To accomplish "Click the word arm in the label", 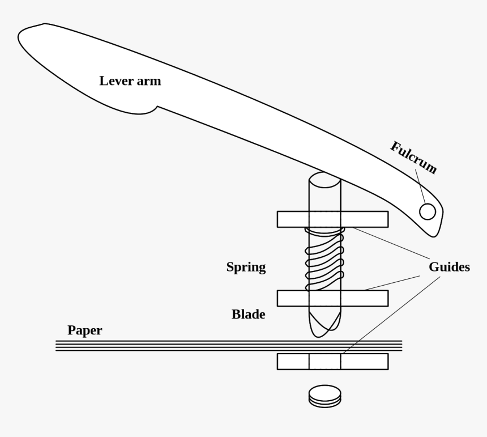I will [149, 81].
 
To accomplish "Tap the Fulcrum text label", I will [413, 157].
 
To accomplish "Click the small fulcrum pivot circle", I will [428, 211].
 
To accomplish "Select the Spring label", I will [246, 268].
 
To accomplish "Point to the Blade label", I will [248, 314].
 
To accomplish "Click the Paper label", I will [85, 330].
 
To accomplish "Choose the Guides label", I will [449, 267].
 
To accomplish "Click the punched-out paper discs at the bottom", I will [324, 395].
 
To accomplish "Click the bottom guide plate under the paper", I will [292, 362].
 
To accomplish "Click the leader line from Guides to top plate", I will [391, 244].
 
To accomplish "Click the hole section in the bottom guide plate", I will [324, 362].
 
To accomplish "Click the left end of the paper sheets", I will [58, 346].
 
